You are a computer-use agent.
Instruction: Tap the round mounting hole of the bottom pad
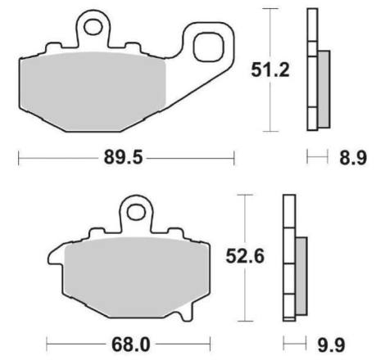[134, 213]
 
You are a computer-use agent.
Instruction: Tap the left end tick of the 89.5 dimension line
[18, 158]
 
